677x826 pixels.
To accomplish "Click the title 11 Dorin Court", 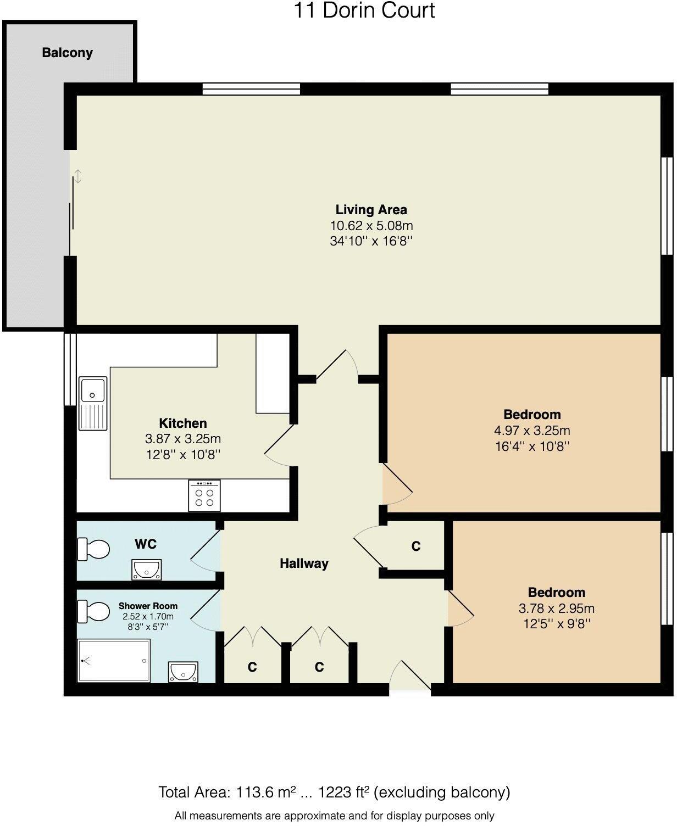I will pyautogui.click(x=364, y=10).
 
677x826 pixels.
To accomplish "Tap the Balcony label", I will pyautogui.click(x=67, y=53).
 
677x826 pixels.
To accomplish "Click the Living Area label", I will pyautogui.click(x=371, y=209).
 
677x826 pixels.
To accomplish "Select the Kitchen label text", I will pyautogui.click(x=183, y=423).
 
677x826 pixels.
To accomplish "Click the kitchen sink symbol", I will pyautogui.click(x=93, y=404).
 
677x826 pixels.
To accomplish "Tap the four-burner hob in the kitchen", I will pyautogui.click(x=204, y=496).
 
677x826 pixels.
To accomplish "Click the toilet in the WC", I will pyautogui.click(x=93, y=549).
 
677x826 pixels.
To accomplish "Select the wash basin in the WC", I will pyautogui.click(x=147, y=570).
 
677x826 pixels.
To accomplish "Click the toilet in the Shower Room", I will pyautogui.click(x=93, y=611).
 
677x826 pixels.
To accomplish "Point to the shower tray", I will pyautogui.click(x=114, y=661).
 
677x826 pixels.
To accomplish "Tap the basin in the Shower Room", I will pyautogui.click(x=183, y=672).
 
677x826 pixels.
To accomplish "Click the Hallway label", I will pyautogui.click(x=304, y=563).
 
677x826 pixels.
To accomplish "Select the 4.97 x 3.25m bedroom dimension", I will pyautogui.click(x=532, y=430).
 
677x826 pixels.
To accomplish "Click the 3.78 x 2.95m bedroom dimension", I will pyautogui.click(x=556, y=608).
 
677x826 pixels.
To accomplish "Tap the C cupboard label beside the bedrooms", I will pyautogui.click(x=416, y=546).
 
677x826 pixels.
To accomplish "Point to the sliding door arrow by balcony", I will pyautogui.click(x=79, y=176).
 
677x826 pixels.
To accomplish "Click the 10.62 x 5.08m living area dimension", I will pyautogui.click(x=371, y=225).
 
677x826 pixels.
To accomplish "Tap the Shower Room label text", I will pyautogui.click(x=148, y=606).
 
